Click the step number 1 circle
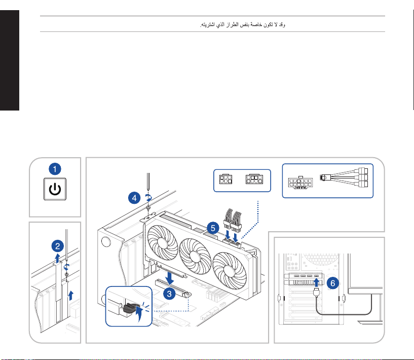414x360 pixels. click(55, 169)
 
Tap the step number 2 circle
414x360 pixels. click(58, 246)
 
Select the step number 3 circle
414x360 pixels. click(169, 294)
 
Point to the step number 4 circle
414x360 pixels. click(134, 198)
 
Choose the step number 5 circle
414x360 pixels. click(213, 228)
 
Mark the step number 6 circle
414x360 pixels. click(333, 283)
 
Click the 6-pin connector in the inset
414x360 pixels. click(225, 179)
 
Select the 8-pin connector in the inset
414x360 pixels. click(254, 179)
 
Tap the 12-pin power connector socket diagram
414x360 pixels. click(300, 183)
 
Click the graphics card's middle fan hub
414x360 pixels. click(195, 256)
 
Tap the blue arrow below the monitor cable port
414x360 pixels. click(316, 282)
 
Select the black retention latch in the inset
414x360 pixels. click(131, 308)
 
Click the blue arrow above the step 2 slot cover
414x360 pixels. click(57, 258)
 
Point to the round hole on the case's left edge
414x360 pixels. click(106, 242)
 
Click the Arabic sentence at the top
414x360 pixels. click(243, 24)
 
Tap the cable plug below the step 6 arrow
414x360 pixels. click(316, 292)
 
